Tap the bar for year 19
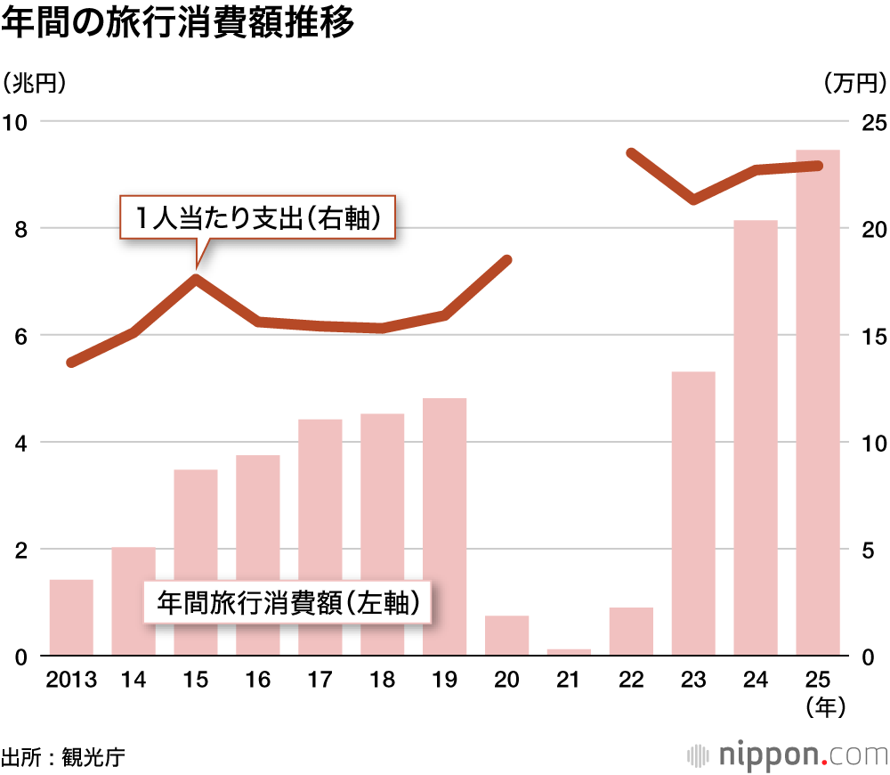444,526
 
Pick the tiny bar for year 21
569,652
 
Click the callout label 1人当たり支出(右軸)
257,217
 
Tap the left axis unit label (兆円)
36,84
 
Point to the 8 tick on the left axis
20,229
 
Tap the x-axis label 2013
71,681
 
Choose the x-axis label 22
631,681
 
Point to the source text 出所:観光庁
62,758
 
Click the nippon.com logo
787,755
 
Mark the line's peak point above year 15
196,278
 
